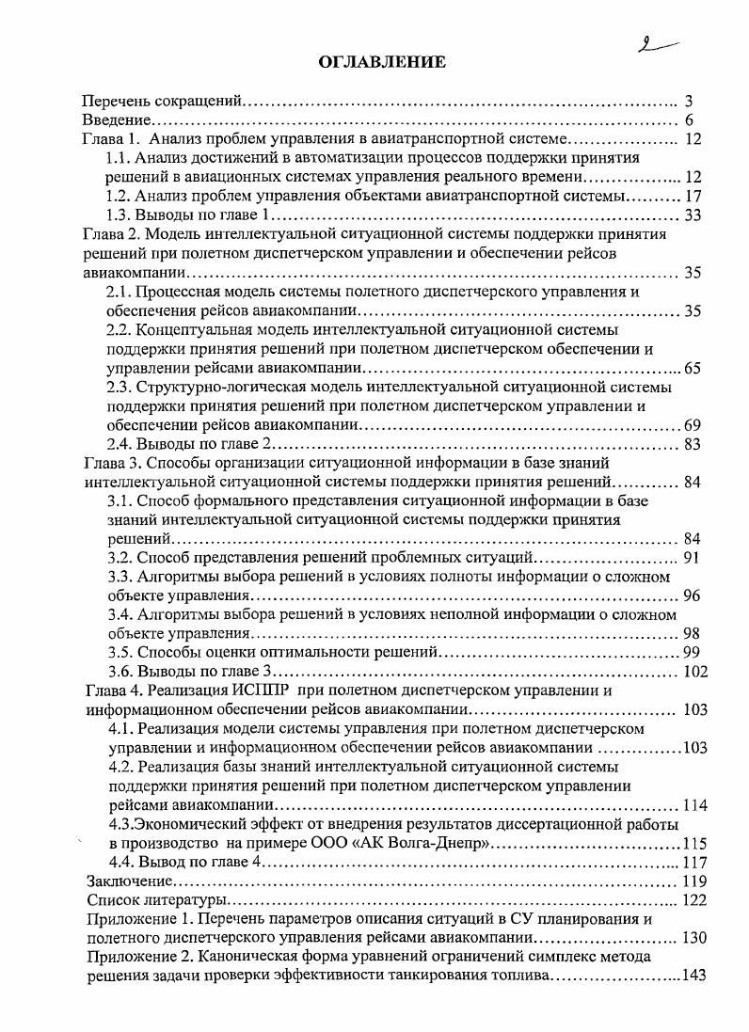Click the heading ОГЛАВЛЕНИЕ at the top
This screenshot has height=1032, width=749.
[381, 62]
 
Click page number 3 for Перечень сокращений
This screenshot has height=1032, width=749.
[689, 101]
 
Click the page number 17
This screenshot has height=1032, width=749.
[694, 197]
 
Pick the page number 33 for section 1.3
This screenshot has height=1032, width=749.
[694, 215]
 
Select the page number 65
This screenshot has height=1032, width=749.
[693, 368]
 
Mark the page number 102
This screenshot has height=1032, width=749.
[693, 672]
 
